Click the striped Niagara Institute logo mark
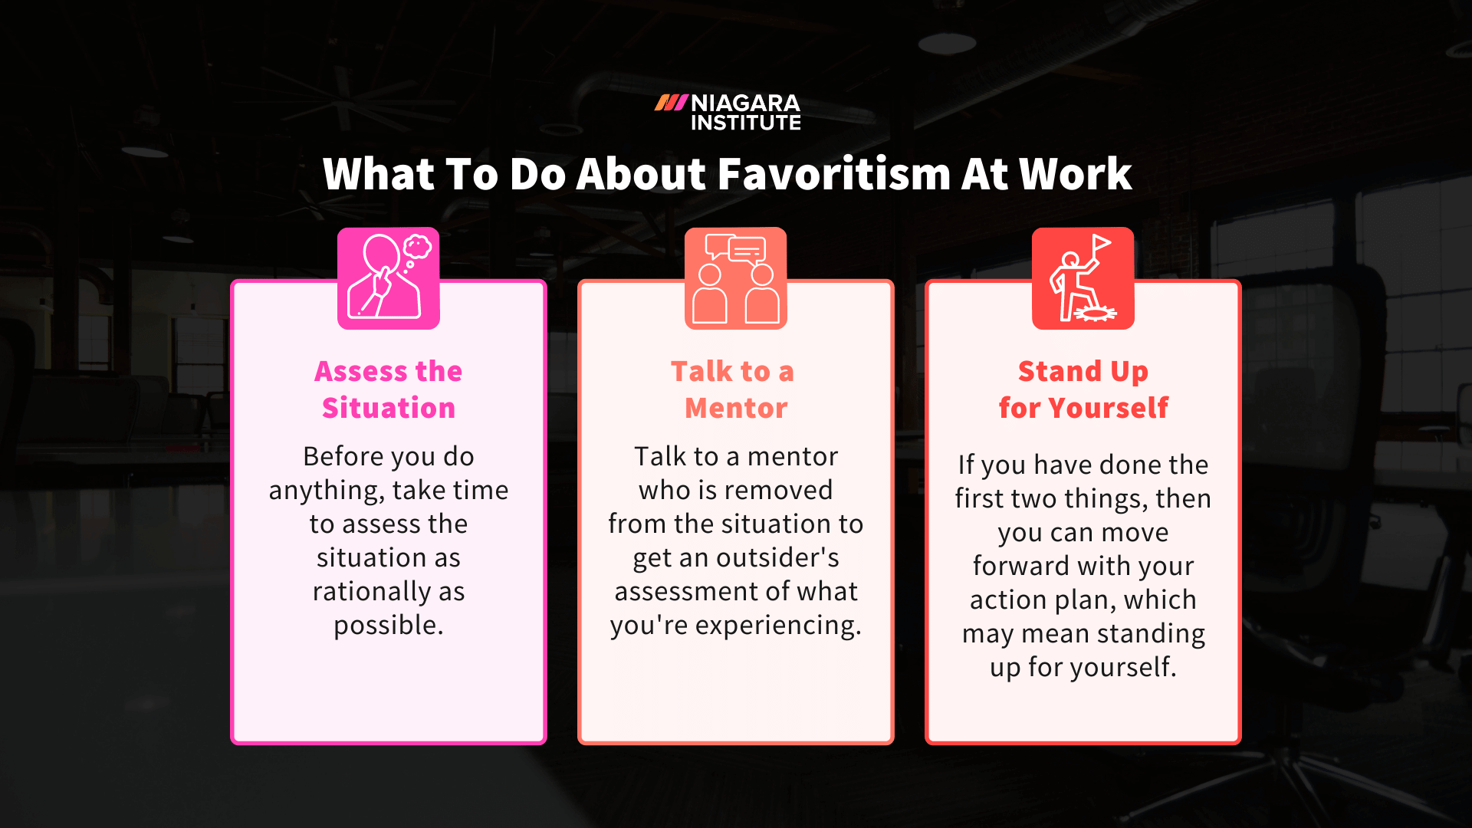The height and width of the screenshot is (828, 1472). click(671, 103)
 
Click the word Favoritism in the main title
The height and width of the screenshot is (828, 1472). click(833, 174)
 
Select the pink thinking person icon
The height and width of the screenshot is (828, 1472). click(389, 278)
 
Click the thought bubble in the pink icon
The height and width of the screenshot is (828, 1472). click(418, 246)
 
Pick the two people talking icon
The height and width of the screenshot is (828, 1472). click(736, 278)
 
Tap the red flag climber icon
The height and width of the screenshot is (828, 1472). click(1083, 278)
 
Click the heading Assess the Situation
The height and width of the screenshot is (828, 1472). click(389, 389)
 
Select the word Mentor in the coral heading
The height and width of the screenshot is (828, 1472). click(736, 409)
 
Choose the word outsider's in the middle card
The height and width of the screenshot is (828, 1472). click(777, 558)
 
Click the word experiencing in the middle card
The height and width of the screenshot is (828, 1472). click(777, 626)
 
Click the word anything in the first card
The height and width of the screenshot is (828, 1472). click(325, 491)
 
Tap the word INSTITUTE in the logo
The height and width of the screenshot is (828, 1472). click(745, 123)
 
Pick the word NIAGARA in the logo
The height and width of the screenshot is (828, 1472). click(745, 103)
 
